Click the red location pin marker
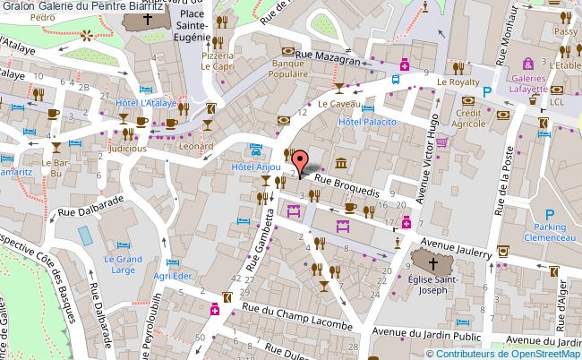point(301,163)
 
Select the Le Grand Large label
point(123,265)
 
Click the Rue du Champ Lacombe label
point(298,315)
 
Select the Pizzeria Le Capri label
point(217,60)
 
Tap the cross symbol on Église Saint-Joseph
point(432,263)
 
